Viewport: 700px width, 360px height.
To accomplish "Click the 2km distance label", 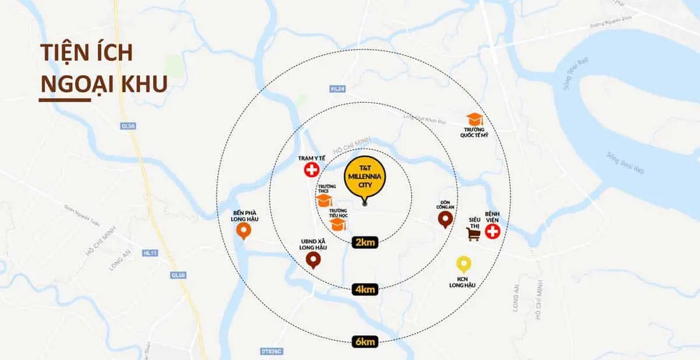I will pyautogui.click(x=364, y=242).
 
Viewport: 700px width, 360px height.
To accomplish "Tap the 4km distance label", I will pyautogui.click(x=365, y=288).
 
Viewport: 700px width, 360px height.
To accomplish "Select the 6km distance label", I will pyautogui.click(x=365, y=341).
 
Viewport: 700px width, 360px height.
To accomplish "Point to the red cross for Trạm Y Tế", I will pyautogui.click(x=311, y=170).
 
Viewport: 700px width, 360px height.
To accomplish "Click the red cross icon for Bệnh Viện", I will pyautogui.click(x=493, y=232).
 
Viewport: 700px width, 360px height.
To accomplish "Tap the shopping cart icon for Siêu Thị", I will pyautogui.click(x=474, y=234).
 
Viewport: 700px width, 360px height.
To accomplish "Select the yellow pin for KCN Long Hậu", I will pyautogui.click(x=464, y=264).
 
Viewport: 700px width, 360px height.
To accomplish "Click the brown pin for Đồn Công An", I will pyautogui.click(x=446, y=219).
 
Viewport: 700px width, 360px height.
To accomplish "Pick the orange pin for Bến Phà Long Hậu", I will pyautogui.click(x=244, y=232).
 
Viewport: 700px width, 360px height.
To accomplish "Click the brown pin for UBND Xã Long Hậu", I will pyautogui.click(x=313, y=260).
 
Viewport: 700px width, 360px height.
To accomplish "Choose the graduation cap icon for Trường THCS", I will pyautogui.click(x=324, y=200).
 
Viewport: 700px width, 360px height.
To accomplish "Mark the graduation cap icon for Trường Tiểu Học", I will pyautogui.click(x=338, y=223).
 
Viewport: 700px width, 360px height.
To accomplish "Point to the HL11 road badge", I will pyautogui.click(x=150, y=253).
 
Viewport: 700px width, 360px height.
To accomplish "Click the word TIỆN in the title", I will pyautogui.click(x=61, y=53).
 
